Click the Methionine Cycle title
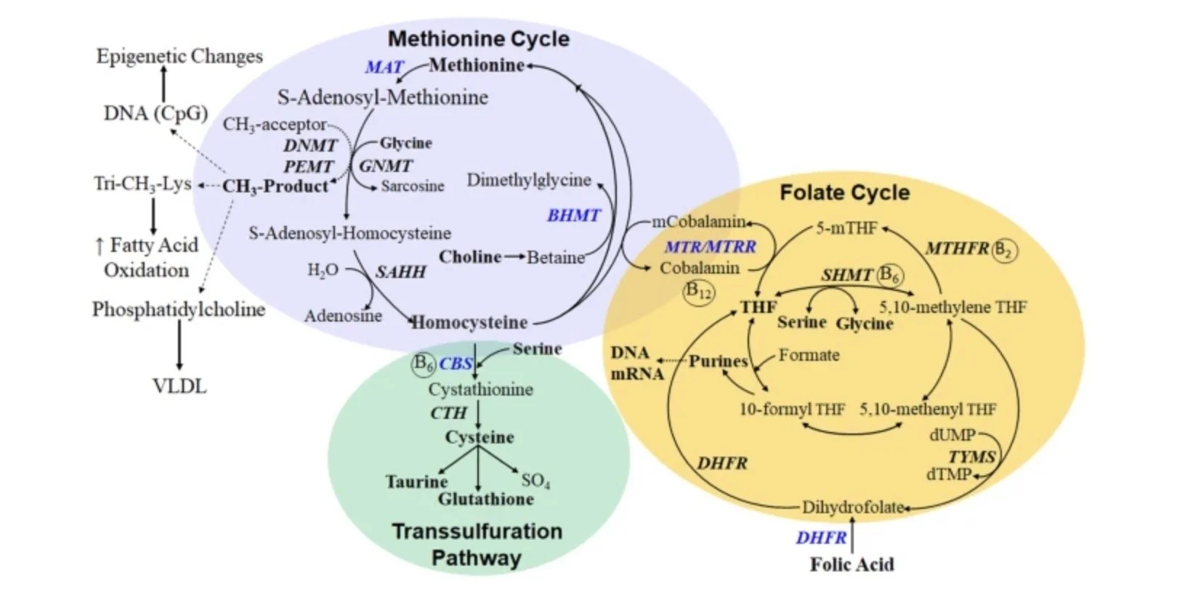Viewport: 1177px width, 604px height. (478, 38)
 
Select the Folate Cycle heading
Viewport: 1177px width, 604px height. (844, 192)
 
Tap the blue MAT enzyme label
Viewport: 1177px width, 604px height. (384, 68)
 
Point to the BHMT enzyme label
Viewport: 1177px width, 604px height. (573, 215)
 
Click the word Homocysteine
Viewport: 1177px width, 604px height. (470, 322)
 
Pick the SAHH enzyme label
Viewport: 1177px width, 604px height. (400, 272)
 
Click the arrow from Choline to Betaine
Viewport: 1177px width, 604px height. (514, 257)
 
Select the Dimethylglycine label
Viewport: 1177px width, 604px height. (529, 180)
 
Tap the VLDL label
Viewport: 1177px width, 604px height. (179, 386)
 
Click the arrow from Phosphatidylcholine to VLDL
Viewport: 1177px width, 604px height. (179, 346)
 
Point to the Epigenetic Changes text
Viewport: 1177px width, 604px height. (179, 56)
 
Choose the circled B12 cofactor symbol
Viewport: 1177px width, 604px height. (700, 291)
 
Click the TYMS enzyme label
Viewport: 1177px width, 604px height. (971, 457)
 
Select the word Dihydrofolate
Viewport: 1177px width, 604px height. (853, 507)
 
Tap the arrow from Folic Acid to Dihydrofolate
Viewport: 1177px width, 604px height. (852, 536)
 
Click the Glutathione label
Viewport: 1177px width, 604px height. (485, 499)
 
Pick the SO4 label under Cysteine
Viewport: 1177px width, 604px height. (535, 480)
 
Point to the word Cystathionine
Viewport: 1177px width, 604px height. (480, 389)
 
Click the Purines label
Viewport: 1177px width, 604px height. (718, 361)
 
